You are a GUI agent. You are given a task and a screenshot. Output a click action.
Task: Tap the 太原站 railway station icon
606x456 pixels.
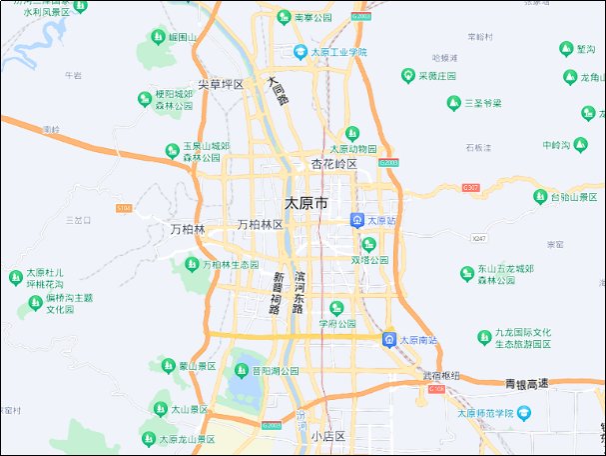click(357, 220)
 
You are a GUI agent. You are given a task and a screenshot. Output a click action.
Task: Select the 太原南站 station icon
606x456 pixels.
click(387, 340)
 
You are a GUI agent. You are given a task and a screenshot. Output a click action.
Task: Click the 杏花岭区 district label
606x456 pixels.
click(333, 163)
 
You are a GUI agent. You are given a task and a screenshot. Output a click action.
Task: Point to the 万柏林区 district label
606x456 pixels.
click(260, 226)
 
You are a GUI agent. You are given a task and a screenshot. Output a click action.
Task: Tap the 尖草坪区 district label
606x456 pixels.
click(221, 84)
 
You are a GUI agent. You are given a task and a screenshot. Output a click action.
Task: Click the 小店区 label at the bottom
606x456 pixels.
click(326, 437)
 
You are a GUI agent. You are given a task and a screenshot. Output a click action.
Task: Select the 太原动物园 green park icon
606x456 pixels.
click(351, 133)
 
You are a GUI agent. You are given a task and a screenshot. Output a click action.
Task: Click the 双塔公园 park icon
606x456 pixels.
click(368, 244)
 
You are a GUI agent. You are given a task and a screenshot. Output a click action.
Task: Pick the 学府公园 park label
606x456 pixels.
click(337, 324)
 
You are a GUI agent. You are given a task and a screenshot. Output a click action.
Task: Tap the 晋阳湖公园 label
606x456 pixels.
click(276, 370)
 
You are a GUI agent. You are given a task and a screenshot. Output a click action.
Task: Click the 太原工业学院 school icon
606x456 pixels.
click(301, 51)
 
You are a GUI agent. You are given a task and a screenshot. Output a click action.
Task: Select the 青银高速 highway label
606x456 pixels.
click(526, 383)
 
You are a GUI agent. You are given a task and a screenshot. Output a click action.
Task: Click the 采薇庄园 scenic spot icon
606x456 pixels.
click(407, 76)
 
